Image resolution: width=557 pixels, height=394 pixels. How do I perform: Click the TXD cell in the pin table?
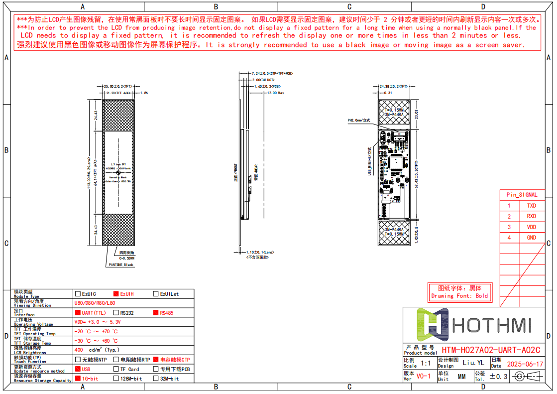point(531,206)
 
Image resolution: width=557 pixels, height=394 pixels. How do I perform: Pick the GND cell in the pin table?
point(531,238)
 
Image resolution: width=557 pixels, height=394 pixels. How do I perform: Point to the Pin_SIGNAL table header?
point(522,195)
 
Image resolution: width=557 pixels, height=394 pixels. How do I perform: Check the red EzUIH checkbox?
point(116,294)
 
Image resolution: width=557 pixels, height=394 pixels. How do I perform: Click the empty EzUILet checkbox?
point(156,294)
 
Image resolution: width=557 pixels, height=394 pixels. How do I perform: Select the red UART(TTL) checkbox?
point(77,313)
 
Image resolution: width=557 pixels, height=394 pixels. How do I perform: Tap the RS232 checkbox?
point(116,313)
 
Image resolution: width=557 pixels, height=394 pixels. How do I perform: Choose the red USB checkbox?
point(77,369)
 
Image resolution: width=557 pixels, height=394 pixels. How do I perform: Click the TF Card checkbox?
point(116,369)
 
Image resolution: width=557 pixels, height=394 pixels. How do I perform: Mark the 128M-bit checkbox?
point(116,379)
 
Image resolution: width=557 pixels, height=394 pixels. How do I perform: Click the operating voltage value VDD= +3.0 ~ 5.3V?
point(97,322)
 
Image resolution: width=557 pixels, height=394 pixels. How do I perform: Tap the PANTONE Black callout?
point(122,265)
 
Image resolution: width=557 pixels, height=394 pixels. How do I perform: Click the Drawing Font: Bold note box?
point(459,292)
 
